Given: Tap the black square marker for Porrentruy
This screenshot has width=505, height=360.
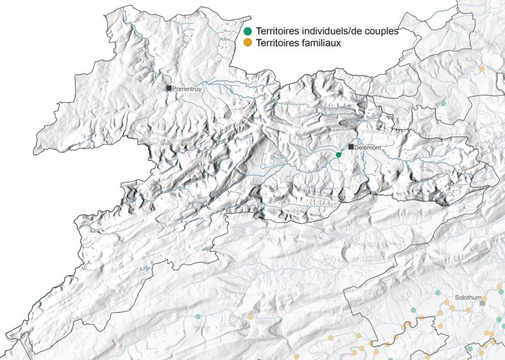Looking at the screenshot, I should tap(169, 88).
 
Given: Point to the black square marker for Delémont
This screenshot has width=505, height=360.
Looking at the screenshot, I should tap(351, 147).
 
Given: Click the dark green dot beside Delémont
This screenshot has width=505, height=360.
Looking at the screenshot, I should tap(338, 155).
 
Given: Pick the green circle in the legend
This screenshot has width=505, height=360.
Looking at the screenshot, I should tap(248, 31).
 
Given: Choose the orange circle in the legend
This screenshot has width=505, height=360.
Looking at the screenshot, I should tap(248, 42).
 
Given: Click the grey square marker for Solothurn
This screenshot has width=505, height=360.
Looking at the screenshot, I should tap(482, 304).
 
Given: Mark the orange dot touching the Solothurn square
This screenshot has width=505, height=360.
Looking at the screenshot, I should tap(485, 297).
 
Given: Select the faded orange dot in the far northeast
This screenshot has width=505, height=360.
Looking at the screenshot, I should tap(481, 68).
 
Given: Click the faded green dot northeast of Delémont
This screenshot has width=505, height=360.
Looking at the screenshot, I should tap(443, 102).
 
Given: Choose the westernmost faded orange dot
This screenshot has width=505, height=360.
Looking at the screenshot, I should tap(250, 316).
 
